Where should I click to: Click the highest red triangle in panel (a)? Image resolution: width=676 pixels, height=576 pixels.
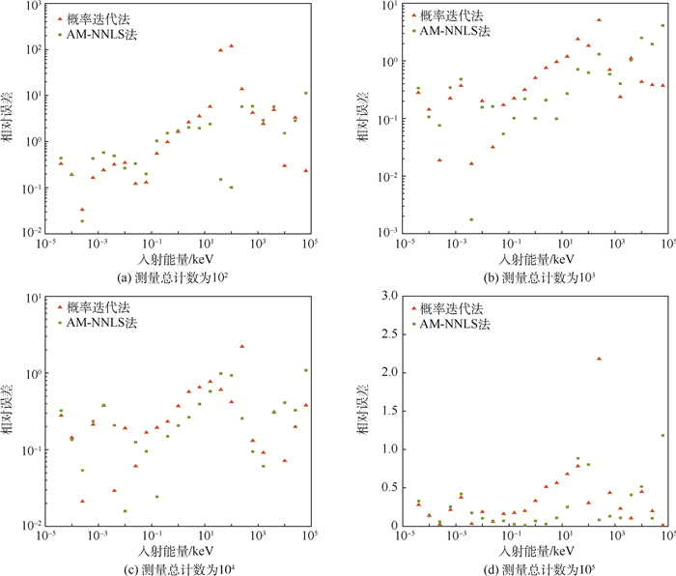[231, 45]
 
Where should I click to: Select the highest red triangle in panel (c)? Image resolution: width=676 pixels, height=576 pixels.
[241, 346]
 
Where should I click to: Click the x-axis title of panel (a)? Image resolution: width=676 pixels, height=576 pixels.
[176, 260]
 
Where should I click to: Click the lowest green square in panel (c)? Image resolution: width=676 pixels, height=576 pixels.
[125, 511]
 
